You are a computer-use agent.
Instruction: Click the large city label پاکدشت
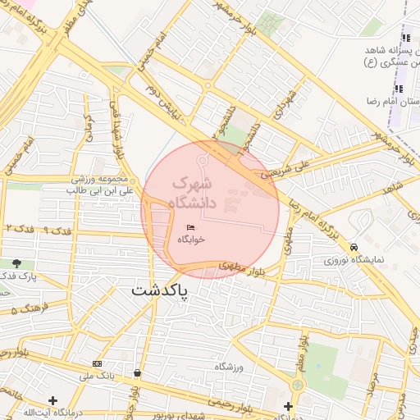(x=159, y=291)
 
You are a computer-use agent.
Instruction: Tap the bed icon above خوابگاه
(x=190, y=227)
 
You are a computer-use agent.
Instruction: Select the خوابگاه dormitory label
(x=190, y=240)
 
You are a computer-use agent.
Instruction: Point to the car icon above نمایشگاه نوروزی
(x=354, y=246)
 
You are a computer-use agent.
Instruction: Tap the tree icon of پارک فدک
(x=16, y=263)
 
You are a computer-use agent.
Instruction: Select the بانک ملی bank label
(x=95, y=377)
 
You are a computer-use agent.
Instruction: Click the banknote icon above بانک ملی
(x=98, y=363)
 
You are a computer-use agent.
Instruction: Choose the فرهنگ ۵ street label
(x=24, y=310)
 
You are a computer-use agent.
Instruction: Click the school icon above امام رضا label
(x=399, y=89)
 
